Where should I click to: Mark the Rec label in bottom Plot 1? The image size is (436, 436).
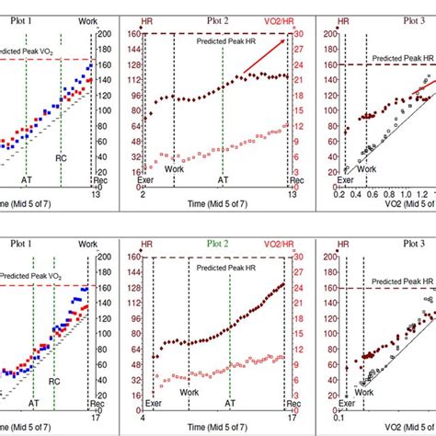tap(98, 402)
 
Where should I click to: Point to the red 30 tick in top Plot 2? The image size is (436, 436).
tap(300, 34)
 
